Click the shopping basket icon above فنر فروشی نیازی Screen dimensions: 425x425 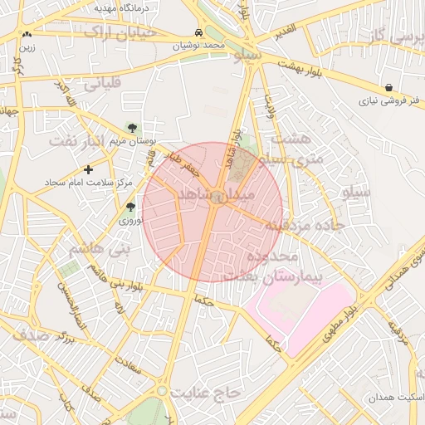[389, 87]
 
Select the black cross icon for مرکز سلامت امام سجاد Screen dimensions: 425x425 [89, 169]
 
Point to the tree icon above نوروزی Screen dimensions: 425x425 [130, 208]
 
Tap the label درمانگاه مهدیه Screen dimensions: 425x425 [125, 7]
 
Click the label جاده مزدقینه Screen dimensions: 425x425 [296, 226]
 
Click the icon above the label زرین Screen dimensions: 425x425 [28, 35]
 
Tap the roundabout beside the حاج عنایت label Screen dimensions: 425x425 [163, 390]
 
